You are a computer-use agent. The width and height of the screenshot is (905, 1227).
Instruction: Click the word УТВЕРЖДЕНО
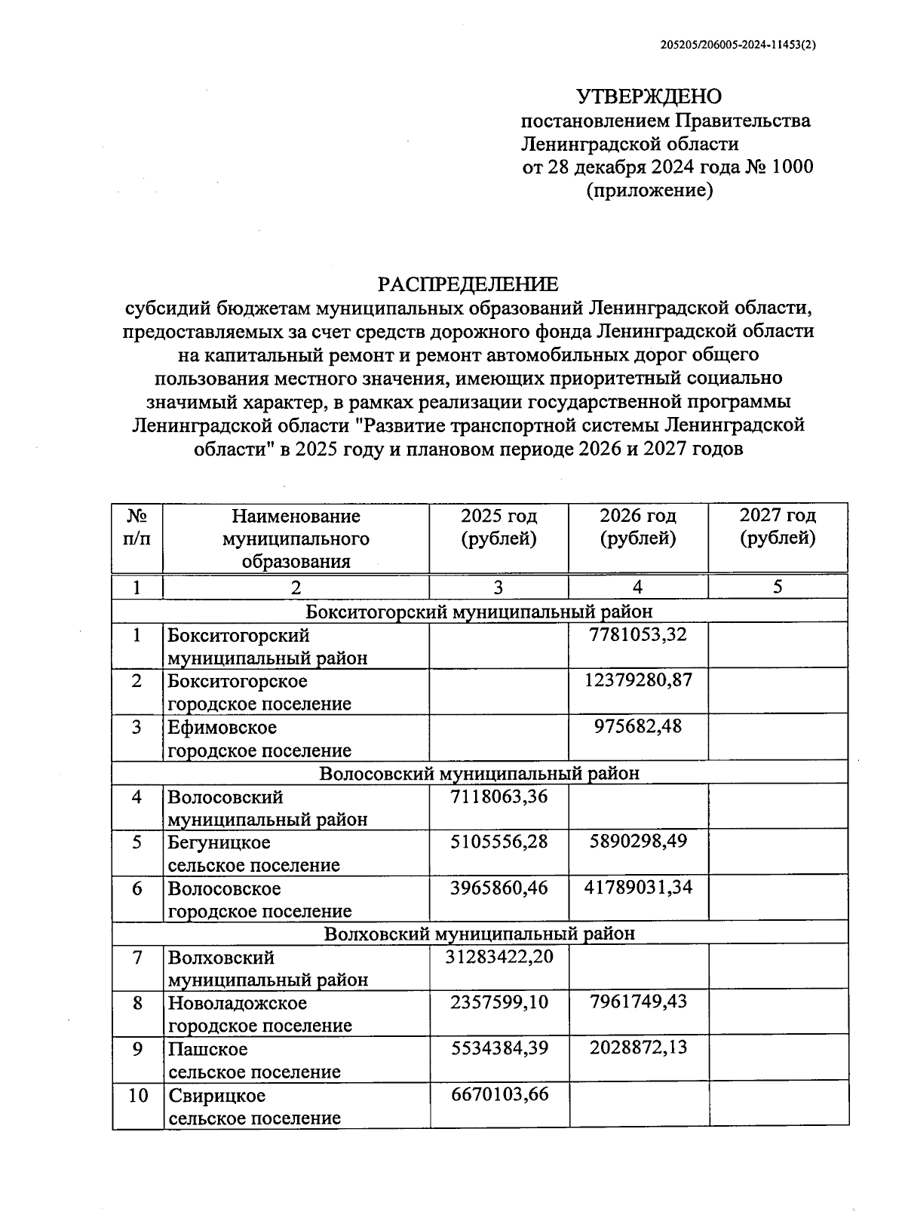(649, 97)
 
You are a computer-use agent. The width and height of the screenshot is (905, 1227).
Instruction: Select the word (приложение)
(649, 191)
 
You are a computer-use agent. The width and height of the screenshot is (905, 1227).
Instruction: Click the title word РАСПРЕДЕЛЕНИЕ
(468, 284)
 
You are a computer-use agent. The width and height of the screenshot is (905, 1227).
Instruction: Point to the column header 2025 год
(499, 517)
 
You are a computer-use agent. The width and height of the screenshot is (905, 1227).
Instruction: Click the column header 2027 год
(778, 517)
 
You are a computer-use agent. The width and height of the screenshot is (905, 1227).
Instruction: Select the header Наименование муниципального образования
(296, 538)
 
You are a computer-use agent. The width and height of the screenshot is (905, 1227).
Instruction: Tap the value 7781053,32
(638, 635)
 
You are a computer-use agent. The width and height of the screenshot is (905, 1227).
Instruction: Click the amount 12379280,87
(638, 680)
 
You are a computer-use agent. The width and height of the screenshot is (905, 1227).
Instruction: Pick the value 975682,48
(638, 726)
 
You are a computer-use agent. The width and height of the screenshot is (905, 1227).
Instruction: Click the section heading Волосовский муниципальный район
(479, 774)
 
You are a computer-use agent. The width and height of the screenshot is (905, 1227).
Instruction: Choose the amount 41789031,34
(638, 888)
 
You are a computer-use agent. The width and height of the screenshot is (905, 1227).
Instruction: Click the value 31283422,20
(499, 957)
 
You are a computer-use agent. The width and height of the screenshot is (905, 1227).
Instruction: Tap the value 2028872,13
(638, 1048)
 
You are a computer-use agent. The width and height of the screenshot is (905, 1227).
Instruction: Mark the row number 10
(137, 1095)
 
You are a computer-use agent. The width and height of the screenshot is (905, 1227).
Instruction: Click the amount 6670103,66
(499, 1094)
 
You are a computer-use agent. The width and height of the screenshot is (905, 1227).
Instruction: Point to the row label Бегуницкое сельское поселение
(253, 854)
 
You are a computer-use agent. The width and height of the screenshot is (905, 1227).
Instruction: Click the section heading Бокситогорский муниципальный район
(479, 612)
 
